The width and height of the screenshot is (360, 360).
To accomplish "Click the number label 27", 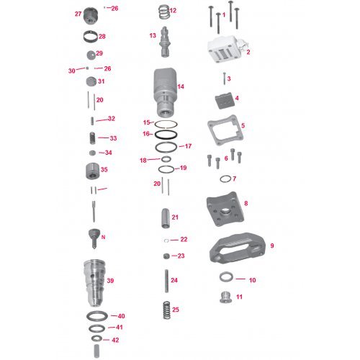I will coord(78,14).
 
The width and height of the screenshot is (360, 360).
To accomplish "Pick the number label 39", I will coord(110,280).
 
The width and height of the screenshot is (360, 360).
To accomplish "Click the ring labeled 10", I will coord(225,279).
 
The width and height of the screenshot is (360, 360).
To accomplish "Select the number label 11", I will coord(240,296).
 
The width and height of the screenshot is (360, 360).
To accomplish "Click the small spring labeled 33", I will coord(91,137).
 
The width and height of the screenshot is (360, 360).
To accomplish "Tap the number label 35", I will coord(104,170).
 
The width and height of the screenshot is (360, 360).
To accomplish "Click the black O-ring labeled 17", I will coord(165,146).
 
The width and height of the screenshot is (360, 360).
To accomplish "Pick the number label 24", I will coord(174,279).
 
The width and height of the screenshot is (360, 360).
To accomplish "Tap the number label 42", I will coord(115,340).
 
